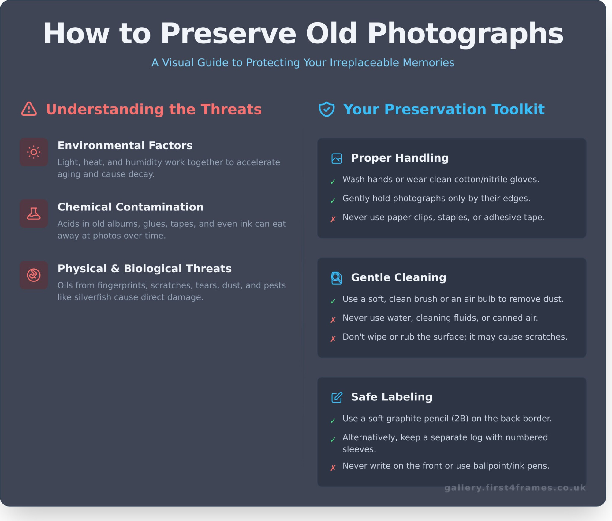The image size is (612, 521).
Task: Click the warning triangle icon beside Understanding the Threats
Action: click(x=29, y=109)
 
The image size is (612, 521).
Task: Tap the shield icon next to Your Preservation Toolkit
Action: click(x=327, y=109)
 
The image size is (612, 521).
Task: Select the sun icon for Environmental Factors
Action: click(x=34, y=152)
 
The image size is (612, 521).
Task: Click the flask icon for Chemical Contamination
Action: click(x=34, y=214)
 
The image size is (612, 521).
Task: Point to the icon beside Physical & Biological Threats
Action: click(x=34, y=275)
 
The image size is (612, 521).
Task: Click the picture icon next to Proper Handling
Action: click(x=337, y=158)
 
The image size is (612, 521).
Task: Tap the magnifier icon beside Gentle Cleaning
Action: click(x=337, y=278)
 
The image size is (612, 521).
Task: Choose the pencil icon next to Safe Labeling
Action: click(x=337, y=397)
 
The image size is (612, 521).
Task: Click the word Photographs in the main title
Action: click(x=465, y=34)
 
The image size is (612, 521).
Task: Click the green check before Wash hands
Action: click(x=333, y=182)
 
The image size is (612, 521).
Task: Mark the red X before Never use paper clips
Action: click(x=333, y=219)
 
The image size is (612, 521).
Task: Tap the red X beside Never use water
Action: click(x=333, y=320)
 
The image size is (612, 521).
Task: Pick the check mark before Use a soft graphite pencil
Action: click(x=333, y=421)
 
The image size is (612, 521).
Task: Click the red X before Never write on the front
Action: click(x=333, y=468)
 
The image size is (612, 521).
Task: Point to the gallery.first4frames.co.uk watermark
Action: click(x=515, y=488)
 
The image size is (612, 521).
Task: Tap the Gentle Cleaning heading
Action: click(x=398, y=277)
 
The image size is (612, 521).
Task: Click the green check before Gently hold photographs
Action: click(x=333, y=201)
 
